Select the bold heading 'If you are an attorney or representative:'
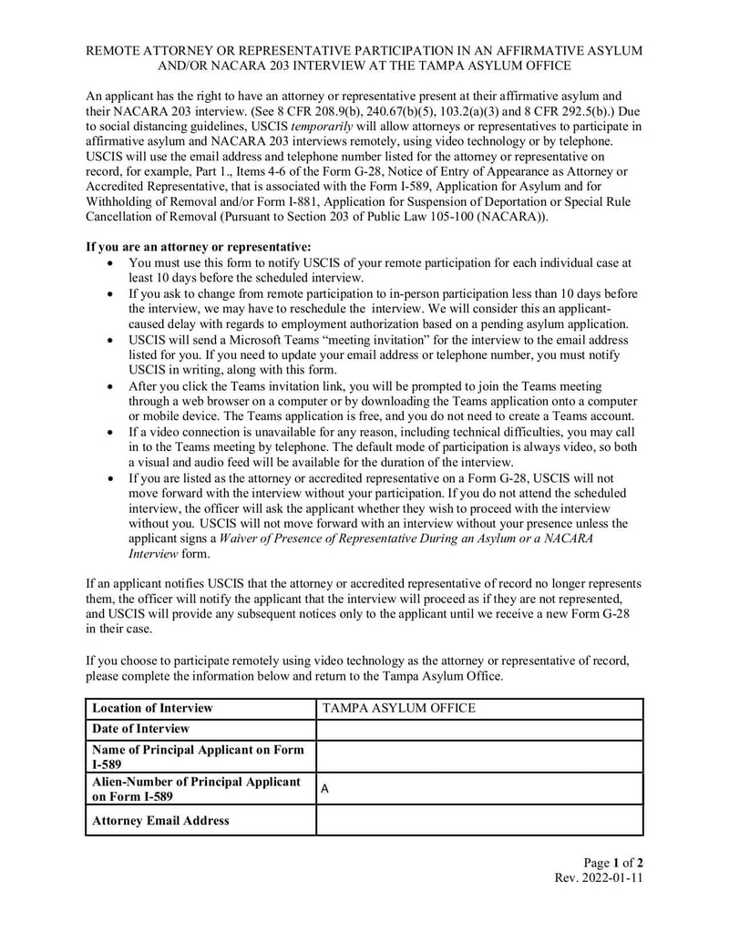point(199,247)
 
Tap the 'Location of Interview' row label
point(152,708)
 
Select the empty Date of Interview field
point(479,729)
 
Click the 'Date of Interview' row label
point(141,729)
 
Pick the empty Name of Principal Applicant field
point(479,756)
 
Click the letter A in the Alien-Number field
point(325,791)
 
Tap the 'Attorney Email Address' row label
point(161,821)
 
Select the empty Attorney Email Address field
point(479,821)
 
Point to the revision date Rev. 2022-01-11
point(599,878)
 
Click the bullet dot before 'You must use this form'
point(110,263)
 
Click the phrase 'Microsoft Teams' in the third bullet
point(271,340)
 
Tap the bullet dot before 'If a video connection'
point(110,433)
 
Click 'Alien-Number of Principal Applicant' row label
point(196,783)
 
